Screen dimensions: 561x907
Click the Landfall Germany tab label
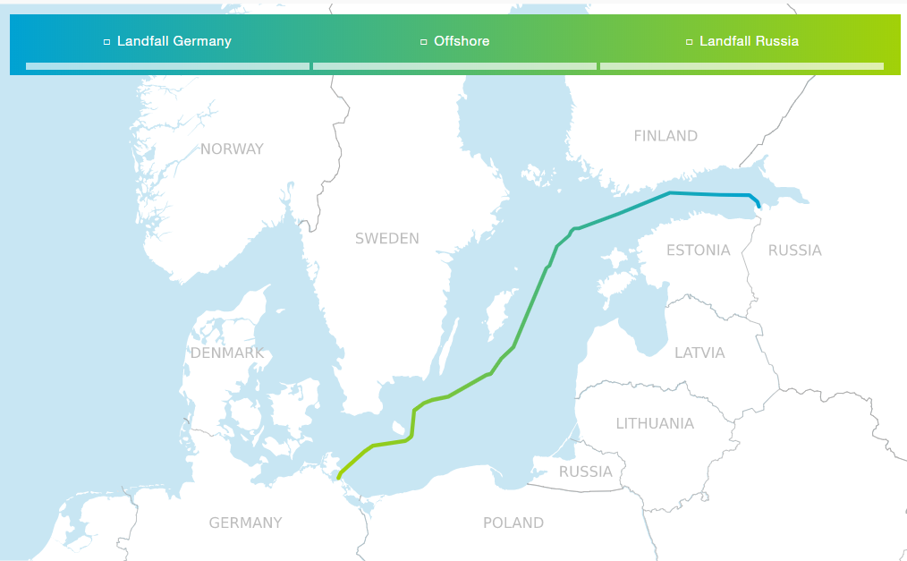coord(174,41)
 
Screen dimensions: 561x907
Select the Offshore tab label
coord(462,41)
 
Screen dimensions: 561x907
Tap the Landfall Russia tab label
coord(749,41)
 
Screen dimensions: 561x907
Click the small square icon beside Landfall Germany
coord(107,42)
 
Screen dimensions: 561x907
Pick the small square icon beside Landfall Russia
coord(689,42)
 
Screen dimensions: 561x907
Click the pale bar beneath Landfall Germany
coord(167,66)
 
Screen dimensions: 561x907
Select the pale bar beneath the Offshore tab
coord(454,66)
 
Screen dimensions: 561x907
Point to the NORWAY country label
coord(232,149)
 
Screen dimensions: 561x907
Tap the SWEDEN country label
coord(386,239)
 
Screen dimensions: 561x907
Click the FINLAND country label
coord(665,136)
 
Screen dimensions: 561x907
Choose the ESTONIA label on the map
coord(698,251)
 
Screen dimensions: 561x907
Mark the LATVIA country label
coord(699,353)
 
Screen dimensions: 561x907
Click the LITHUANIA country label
coord(655,424)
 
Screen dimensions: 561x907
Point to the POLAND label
coord(513,523)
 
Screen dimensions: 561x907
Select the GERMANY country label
coord(245,523)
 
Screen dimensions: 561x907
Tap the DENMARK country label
coord(227,353)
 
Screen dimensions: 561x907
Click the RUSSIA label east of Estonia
coord(794,251)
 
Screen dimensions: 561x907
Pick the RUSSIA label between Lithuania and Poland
coord(586,472)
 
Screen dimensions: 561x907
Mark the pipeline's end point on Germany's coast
coord(339,478)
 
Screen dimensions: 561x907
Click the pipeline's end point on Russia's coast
coord(759,206)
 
